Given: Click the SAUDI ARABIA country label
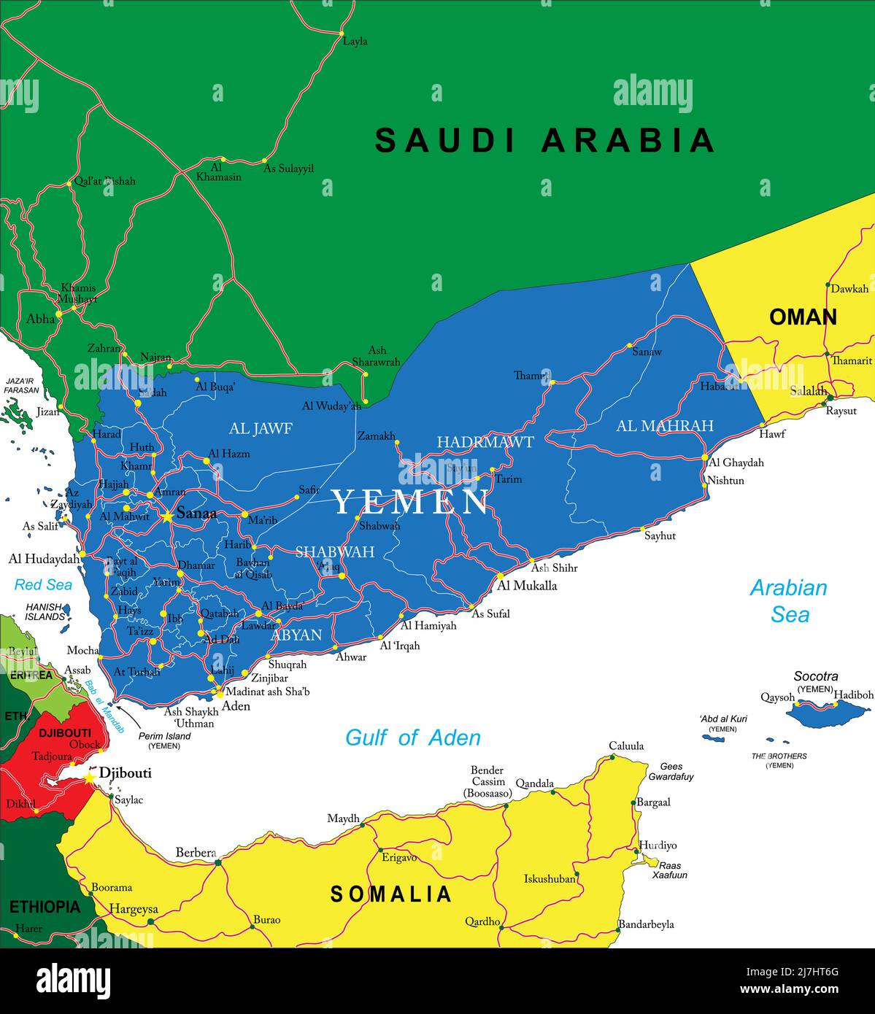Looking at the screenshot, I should tap(544, 140).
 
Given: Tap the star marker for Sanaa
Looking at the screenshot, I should tap(168, 516).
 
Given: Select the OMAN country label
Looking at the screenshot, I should tap(803, 317).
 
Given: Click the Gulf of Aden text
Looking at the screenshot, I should tap(412, 738).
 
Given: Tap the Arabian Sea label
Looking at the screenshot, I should tap(789, 600).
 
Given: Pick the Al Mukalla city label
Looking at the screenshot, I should tap(527, 585).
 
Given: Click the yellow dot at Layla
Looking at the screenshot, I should tap(341, 34).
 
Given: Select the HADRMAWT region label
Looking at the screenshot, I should tap(485, 442).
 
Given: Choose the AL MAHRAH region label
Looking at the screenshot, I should tap(664, 425).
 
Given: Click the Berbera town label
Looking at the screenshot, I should tap(196, 852).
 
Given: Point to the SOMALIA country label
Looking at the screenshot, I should tap(391, 894).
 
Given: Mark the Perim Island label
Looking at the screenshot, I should tap(164, 736).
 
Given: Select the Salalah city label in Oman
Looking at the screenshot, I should tap(808, 391).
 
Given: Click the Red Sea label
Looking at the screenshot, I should tap(43, 584).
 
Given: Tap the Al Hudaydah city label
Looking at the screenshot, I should tap(43, 559).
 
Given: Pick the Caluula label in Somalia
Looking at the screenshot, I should tap(626, 746).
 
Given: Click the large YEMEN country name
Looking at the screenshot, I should tap(411, 502).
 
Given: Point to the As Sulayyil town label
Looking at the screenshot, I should tap(288, 169).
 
